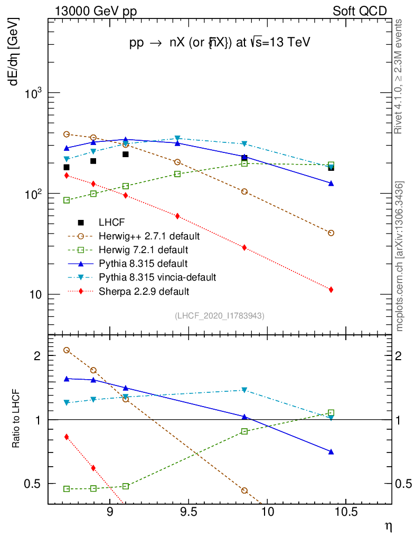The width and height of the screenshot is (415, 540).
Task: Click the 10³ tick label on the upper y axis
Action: coord(34,93)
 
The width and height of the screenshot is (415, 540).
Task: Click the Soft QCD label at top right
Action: coord(360,11)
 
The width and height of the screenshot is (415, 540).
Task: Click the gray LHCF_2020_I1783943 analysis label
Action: coord(220,315)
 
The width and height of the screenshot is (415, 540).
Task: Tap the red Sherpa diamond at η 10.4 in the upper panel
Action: coord(331,290)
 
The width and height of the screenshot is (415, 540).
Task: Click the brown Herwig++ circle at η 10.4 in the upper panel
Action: coord(331,233)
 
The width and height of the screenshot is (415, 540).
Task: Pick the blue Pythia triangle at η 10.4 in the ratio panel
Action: coord(331,451)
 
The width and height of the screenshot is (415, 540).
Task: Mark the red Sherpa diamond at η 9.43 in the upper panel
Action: coord(177,216)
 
